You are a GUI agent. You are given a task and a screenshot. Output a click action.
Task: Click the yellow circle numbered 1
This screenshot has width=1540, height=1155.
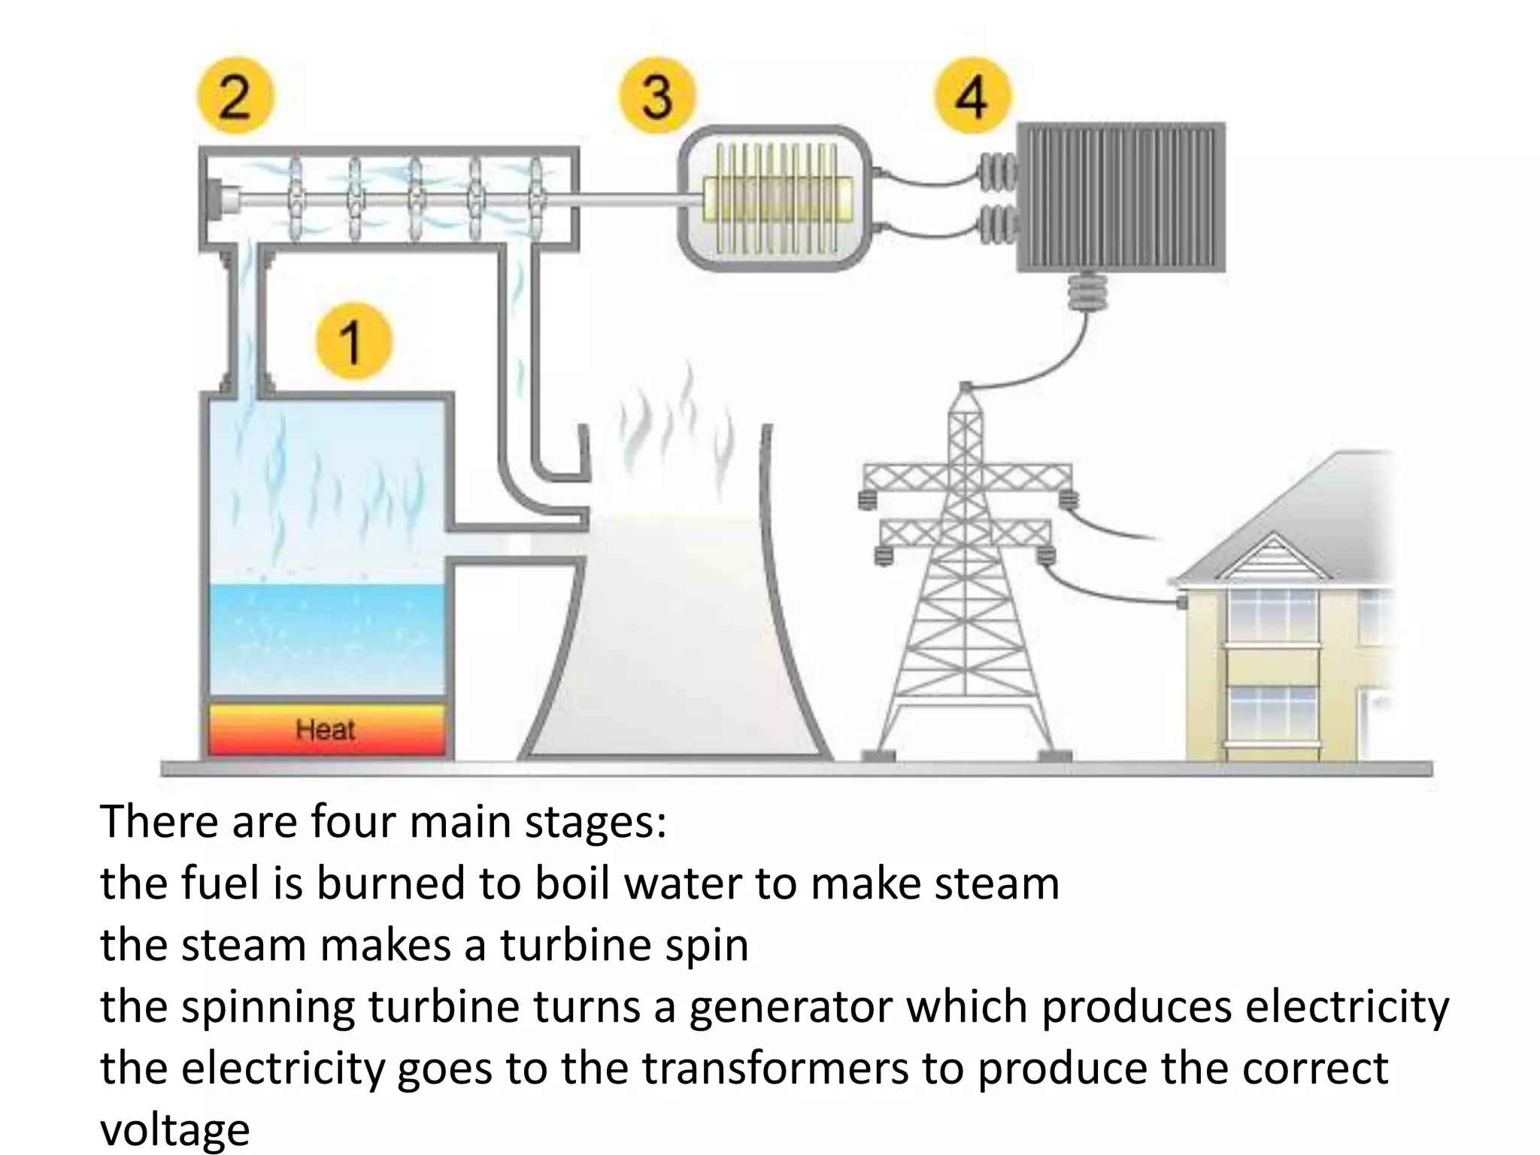(x=353, y=341)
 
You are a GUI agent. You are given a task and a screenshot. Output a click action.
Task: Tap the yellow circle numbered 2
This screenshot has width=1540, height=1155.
(x=235, y=95)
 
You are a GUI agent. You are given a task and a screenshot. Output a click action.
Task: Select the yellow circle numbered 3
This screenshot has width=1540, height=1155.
(x=657, y=95)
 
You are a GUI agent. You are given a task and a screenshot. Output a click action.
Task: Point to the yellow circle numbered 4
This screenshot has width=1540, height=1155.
(x=972, y=95)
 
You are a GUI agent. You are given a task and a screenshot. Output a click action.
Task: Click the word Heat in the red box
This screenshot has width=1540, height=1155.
(x=325, y=729)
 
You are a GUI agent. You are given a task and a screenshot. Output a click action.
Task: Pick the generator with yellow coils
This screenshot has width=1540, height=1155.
(x=775, y=198)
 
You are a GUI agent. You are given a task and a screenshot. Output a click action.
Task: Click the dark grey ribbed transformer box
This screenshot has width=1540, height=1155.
(x=1120, y=197)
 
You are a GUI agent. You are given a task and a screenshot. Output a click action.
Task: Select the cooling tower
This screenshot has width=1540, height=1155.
(x=677, y=639)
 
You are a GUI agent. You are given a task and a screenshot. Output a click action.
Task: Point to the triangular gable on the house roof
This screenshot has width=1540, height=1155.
(x=1272, y=556)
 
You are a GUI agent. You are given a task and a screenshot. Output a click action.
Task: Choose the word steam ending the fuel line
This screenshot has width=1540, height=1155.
(x=996, y=884)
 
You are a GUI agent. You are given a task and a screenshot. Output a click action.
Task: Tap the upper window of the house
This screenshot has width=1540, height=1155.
(x=1272, y=615)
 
